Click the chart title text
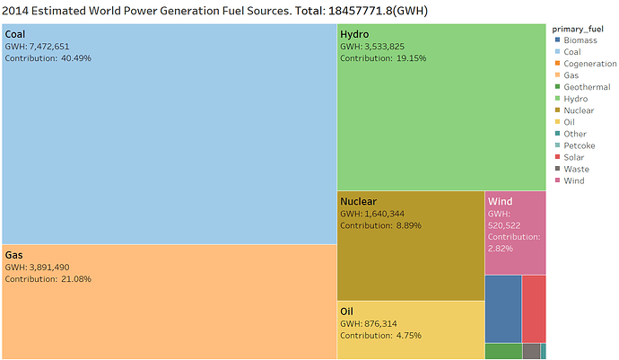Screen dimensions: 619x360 click(x=214, y=11)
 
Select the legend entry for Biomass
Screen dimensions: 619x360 click(x=576, y=40)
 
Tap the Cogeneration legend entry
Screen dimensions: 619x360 click(x=586, y=64)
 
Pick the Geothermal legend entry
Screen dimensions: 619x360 click(x=583, y=87)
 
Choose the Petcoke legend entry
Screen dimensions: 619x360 click(x=575, y=145)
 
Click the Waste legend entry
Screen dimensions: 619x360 click(x=572, y=169)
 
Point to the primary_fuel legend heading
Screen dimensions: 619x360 click(x=578, y=29)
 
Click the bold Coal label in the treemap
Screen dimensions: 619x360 click(x=15, y=34)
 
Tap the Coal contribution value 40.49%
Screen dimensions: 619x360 click(x=76, y=58)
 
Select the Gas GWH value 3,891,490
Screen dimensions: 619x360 click(x=49, y=268)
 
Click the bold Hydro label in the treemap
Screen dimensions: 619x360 click(x=354, y=34)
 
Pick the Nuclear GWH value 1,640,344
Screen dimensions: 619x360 click(x=385, y=214)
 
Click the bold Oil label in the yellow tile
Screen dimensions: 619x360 click(x=346, y=312)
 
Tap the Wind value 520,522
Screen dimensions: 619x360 click(x=504, y=225)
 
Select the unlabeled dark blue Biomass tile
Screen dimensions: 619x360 click(x=503, y=309)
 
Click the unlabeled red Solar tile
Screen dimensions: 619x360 click(x=534, y=309)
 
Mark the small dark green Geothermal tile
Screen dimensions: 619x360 click(x=504, y=351)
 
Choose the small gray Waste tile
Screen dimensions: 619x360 click(x=532, y=351)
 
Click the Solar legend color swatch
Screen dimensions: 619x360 click(x=557, y=157)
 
